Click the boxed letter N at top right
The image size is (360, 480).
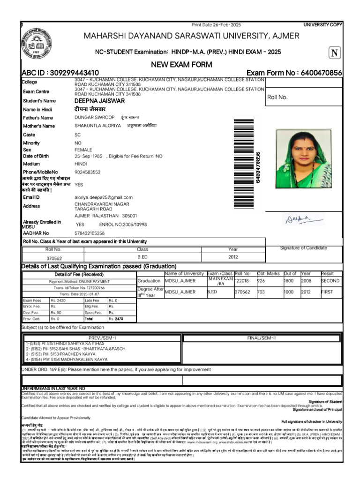click(x=335, y=53)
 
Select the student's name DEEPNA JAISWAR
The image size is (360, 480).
click(x=99, y=100)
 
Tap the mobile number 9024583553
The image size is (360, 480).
click(x=87, y=172)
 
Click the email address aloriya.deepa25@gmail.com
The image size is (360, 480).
click(x=103, y=197)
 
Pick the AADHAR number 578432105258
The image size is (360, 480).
click(x=90, y=233)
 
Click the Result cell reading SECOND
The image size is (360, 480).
click(x=330, y=281)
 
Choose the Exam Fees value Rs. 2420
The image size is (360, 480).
click(x=59, y=300)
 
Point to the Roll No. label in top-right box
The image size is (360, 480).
click(x=277, y=97)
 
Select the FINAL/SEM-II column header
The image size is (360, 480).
click(x=261, y=338)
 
